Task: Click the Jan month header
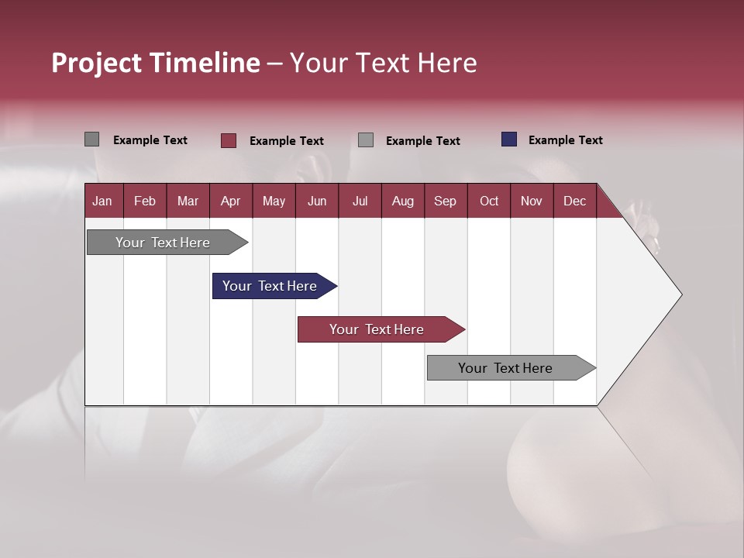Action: tap(102, 201)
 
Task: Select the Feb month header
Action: tap(145, 201)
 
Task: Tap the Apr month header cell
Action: tap(230, 201)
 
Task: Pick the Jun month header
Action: tap(317, 201)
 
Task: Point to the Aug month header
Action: tap(402, 201)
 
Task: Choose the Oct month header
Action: tap(489, 201)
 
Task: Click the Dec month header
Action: tap(574, 201)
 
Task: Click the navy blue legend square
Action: tap(509, 139)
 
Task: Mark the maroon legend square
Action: tap(228, 140)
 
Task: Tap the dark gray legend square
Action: tap(91, 139)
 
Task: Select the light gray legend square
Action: tap(366, 140)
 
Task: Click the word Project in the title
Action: tap(96, 64)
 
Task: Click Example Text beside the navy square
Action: tap(565, 140)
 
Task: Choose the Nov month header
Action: tap(532, 201)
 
